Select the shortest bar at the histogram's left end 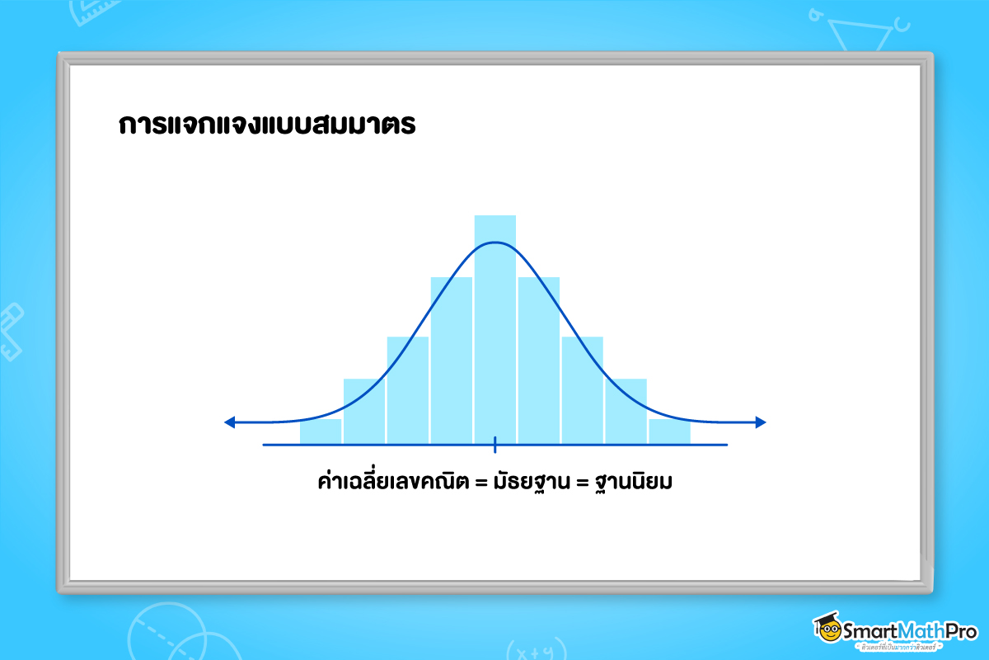click(x=321, y=431)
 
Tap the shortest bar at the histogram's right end click(x=669, y=431)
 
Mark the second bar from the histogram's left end click(x=364, y=411)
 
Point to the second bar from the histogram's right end click(x=626, y=411)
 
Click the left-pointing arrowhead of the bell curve click(x=230, y=422)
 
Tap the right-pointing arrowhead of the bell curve click(x=761, y=422)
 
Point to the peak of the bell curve click(x=495, y=243)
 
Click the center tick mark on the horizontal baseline click(x=495, y=445)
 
